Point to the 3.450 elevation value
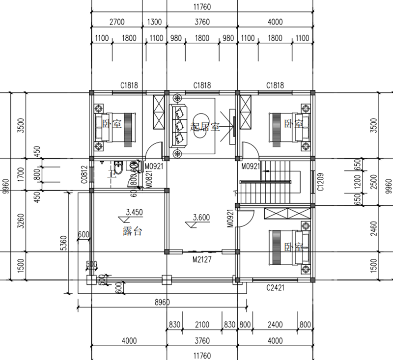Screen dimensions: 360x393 tap(135, 213)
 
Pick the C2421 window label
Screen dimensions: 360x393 tap(276, 287)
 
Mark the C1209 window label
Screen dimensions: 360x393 tap(320, 182)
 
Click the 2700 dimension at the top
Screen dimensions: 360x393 tap(116, 22)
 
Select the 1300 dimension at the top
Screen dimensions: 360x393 tap(154, 22)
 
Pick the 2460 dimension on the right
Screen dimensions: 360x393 tap(374, 229)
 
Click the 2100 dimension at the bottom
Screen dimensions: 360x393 tap(202, 325)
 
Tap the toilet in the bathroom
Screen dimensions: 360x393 tap(117, 170)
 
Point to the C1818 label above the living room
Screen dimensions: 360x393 tap(202, 85)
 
